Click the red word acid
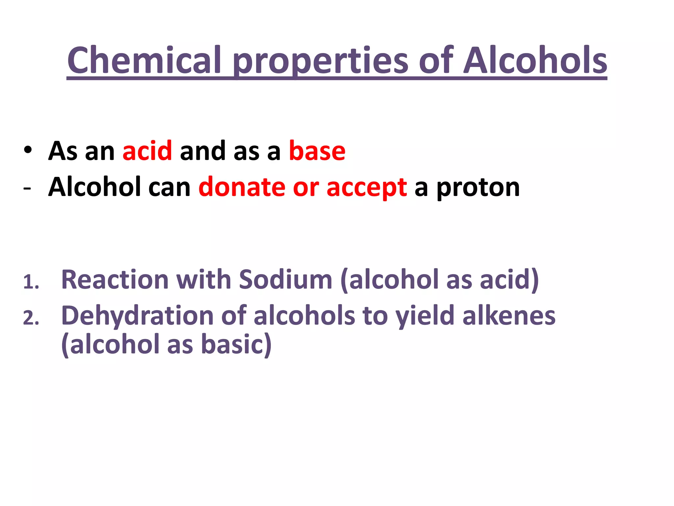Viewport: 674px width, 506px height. pyautogui.click(x=147, y=151)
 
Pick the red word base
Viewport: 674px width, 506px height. pyautogui.click(x=317, y=151)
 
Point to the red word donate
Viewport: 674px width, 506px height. pyautogui.click(x=242, y=187)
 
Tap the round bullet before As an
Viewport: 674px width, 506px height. pyautogui.click(x=28, y=150)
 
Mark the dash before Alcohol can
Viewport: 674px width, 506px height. pyautogui.click(x=27, y=188)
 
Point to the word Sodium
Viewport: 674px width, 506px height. pyautogui.click(x=285, y=279)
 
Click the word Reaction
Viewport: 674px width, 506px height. pyautogui.click(x=115, y=279)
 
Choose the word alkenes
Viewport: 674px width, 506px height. pyautogui.click(x=509, y=316)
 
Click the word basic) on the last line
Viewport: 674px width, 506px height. pyautogui.click(x=236, y=345)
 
